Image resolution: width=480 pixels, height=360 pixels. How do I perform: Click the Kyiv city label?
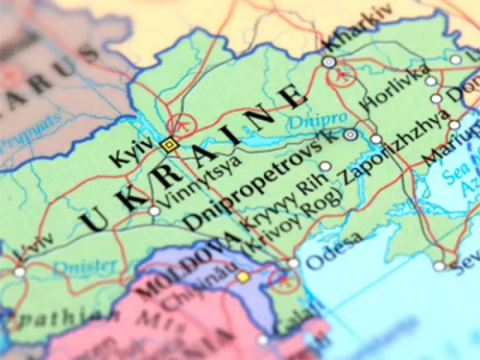[128, 155]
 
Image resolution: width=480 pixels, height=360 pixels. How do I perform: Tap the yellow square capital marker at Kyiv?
[169, 144]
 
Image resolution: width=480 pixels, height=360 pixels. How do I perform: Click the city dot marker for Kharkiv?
[329, 62]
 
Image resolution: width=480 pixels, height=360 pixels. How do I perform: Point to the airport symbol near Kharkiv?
[342, 75]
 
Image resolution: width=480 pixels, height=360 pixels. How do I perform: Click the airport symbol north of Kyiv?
[181, 123]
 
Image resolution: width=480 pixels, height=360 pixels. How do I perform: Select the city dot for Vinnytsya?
[155, 211]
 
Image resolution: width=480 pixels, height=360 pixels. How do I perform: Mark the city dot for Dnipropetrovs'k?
[350, 134]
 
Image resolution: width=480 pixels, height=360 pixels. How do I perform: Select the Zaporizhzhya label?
[393, 143]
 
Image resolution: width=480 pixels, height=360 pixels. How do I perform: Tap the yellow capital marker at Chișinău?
[243, 276]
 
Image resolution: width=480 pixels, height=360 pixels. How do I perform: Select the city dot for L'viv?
[19, 272]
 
